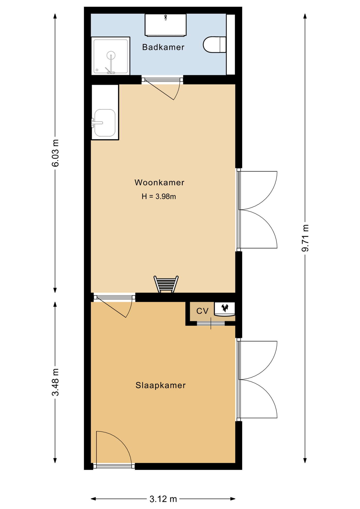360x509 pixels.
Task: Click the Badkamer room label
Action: click(x=163, y=47)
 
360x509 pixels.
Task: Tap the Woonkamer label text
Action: click(x=159, y=182)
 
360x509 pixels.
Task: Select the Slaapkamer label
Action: click(x=160, y=385)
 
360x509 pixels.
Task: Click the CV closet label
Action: click(x=202, y=311)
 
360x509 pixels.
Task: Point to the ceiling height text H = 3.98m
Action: click(x=159, y=196)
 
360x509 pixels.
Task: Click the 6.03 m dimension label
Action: click(x=55, y=153)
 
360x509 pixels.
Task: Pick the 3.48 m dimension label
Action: click(x=55, y=382)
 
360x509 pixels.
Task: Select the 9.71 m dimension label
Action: click(x=305, y=238)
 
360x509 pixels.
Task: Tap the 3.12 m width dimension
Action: click(x=163, y=499)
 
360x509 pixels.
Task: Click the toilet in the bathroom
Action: click(x=214, y=45)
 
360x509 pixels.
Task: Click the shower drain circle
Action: click(x=111, y=55)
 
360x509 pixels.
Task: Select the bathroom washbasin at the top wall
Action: click(x=165, y=25)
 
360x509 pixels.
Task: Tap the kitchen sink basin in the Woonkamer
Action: click(x=105, y=123)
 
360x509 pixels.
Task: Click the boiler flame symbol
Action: click(x=225, y=308)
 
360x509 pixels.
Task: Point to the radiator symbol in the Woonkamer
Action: click(x=166, y=284)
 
